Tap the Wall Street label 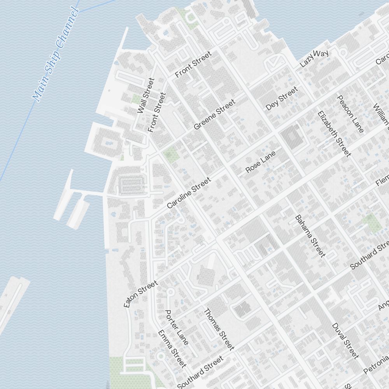pos(146,96)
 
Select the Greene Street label pos(214,114)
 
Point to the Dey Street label pos(282,98)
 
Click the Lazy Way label pos(315,58)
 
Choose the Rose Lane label pos(261,162)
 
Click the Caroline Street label pos(189,193)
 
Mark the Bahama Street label pos(310,236)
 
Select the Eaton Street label pos(140,294)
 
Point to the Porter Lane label pos(177,327)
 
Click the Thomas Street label pos(219,329)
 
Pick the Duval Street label pos(345,341)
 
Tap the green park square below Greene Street pos(171,154)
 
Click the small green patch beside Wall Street pos(136,99)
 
